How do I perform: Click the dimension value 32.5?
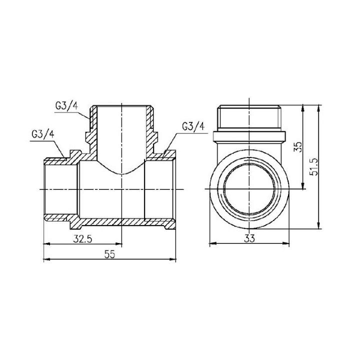pyautogui.click(x=82, y=238)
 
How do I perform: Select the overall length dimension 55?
pyautogui.click(x=110, y=254)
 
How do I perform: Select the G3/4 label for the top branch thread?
pyautogui.click(x=65, y=106)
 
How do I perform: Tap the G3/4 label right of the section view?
pyautogui.click(x=193, y=127)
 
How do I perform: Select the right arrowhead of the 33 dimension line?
pyautogui.click(x=288, y=244)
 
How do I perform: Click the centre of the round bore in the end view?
pyautogui.click(x=249, y=189)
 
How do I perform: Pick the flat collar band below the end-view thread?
pyautogui.click(x=249, y=136)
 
